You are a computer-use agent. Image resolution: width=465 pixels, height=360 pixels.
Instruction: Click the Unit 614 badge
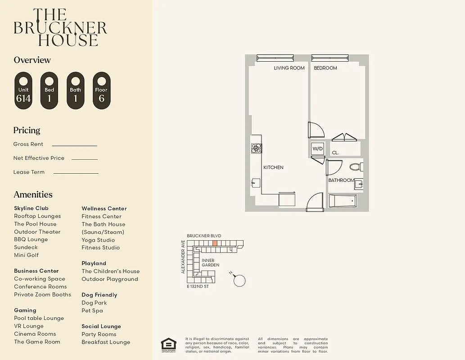tap(23, 90)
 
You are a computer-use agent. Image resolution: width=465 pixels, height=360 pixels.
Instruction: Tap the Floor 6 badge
tap(101, 90)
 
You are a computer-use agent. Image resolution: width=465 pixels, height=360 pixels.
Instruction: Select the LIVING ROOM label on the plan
tap(289, 68)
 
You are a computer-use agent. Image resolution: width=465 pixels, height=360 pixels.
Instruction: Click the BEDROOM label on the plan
tap(325, 68)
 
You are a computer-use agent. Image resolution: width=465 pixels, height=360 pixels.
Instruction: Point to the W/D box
tap(318, 148)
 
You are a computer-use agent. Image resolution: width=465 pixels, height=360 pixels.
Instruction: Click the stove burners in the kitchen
tap(256, 148)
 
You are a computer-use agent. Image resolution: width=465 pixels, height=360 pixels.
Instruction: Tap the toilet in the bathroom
tap(356, 167)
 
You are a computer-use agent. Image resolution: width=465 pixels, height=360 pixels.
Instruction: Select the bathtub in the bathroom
tap(343, 201)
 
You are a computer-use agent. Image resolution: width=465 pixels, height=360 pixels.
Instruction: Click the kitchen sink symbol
tap(255, 183)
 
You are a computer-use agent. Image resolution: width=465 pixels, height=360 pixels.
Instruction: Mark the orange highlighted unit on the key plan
tap(215, 243)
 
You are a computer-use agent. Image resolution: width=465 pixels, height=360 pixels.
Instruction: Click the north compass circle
tap(240, 280)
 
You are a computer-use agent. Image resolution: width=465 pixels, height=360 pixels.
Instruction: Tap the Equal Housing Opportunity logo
tap(169, 345)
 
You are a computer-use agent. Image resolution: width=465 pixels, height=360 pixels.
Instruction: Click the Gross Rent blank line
tap(74, 145)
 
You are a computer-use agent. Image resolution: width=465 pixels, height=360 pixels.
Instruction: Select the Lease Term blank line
tap(76, 173)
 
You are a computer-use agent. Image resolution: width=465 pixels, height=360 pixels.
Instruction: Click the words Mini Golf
tap(26, 255)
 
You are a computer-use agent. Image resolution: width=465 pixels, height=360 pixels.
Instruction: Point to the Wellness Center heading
tap(104, 208)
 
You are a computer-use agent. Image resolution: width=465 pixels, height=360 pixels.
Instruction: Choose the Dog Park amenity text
tap(94, 303)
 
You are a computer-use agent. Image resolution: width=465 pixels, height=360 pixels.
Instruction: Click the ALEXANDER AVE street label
tap(183, 256)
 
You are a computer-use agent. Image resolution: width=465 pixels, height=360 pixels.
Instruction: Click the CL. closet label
tap(335, 153)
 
